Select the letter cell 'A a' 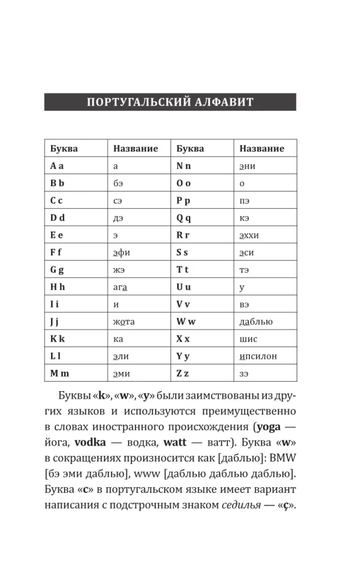pyautogui.click(x=57, y=166)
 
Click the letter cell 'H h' pyautogui.click(x=57, y=286)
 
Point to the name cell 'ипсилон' pyautogui.click(x=258, y=356)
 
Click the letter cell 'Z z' pyautogui.click(x=183, y=373)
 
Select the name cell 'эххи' pyautogui.click(x=249, y=235)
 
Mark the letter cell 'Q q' pyautogui.click(x=184, y=218)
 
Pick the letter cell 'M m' pyautogui.click(x=60, y=373)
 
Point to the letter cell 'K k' pyautogui.click(x=58, y=339)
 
